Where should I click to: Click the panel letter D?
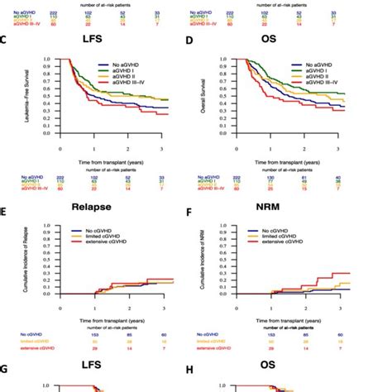pyautogui.click(x=199, y=39)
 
